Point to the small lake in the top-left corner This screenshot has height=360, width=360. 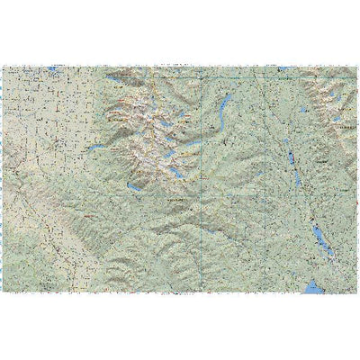click(54, 68)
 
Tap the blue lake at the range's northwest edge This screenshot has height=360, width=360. click(111, 79)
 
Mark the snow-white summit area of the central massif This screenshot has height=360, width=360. click(144, 135)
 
